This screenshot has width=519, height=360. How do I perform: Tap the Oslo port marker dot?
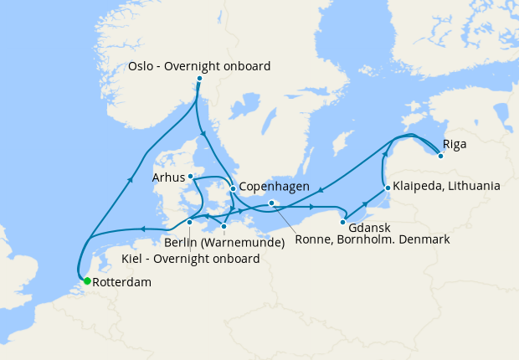click(199, 79)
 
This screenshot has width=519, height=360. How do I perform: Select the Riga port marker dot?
click(440, 155)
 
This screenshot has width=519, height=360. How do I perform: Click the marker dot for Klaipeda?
click(387, 187)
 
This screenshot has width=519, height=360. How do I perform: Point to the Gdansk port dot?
click(343, 222)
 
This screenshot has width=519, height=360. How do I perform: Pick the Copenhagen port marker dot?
click(233, 188)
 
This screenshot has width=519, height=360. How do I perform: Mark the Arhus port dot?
click(190, 177)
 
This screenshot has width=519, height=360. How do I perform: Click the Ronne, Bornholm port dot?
click(271, 203)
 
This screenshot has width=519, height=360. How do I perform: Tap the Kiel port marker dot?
click(190, 222)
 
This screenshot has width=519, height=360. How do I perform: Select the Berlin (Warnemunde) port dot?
click(224, 226)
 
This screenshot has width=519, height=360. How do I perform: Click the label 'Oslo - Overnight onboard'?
click(199, 65)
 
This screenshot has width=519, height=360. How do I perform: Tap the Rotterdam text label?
click(121, 283)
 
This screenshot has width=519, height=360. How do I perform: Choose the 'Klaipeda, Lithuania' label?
click(447, 186)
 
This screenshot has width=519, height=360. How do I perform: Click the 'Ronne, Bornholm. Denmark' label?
click(374, 239)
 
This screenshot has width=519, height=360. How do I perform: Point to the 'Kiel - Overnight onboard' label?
click(190, 259)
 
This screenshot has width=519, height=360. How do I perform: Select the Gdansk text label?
click(368, 227)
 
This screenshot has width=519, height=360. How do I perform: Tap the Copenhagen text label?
click(275, 188)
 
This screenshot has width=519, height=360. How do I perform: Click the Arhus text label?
click(167, 177)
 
